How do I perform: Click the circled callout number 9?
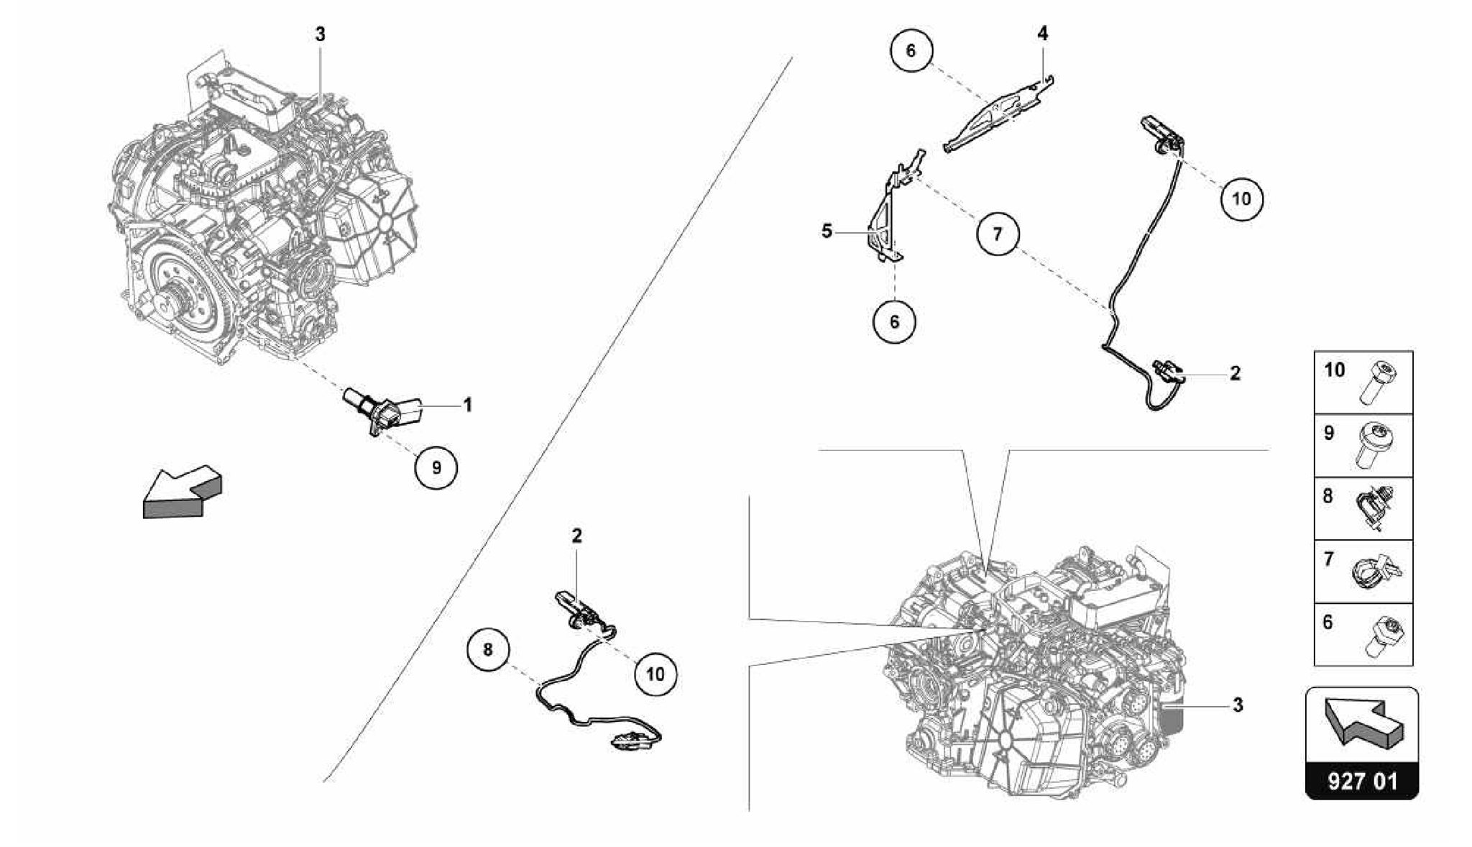pyautogui.click(x=436, y=467)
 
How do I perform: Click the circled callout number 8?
pyautogui.click(x=488, y=650)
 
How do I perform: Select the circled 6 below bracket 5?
pyautogui.click(x=894, y=321)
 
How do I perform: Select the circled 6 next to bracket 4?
pyautogui.click(x=911, y=50)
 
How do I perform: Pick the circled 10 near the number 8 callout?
pyautogui.click(x=655, y=674)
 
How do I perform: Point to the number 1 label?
pyautogui.click(x=468, y=406)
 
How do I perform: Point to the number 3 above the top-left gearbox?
pyautogui.click(x=321, y=34)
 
